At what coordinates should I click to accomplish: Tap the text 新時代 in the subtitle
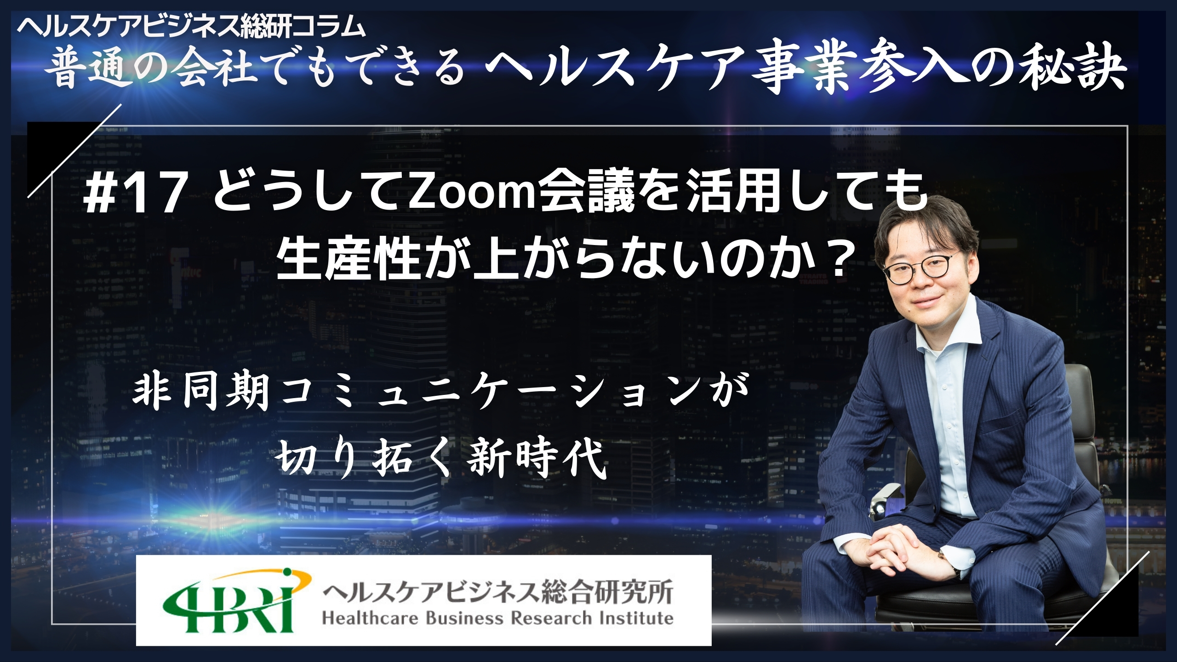tap(536, 449)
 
